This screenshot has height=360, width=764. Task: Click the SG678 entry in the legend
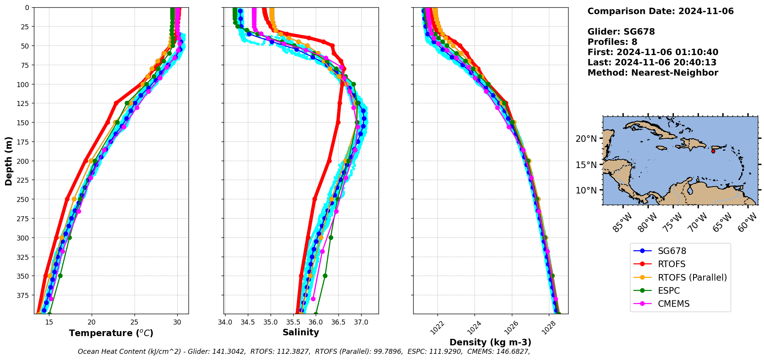point(672,251)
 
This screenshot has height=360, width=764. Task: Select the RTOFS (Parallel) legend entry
point(692,278)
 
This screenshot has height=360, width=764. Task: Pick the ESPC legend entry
point(669,291)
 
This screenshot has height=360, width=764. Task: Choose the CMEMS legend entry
point(673,304)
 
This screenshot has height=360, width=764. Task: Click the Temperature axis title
point(111,333)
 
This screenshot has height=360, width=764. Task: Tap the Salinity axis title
point(301,333)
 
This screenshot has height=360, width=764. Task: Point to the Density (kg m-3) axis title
point(490,342)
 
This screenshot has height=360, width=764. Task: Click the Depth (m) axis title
point(9,161)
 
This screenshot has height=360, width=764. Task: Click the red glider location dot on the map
point(713,151)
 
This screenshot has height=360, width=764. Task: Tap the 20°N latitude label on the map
point(586,139)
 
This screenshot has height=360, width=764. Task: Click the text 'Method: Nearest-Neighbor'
point(653,73)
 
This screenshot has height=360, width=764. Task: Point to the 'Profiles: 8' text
point(612,42)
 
